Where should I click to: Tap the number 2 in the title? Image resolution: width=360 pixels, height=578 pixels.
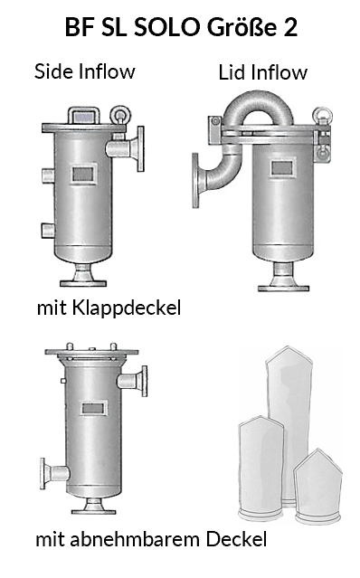pyautogui.click(x=290, y=27)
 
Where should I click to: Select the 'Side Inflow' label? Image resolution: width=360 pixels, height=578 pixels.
pyautogui.click(x=85, y=71)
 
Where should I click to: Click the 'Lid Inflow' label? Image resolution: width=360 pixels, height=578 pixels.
pyautogui.click(x=262, y=72)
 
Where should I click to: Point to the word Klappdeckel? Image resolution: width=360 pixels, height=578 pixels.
pyautogui.click(x=127, y=308)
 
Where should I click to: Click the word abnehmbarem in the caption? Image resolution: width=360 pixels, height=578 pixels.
pyautogui.click(x=136, y=539)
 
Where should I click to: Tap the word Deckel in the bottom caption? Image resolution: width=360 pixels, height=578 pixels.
pyautogui.click(x=236, y=539)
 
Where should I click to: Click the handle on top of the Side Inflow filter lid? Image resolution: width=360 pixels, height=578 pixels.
pyautogui.click(x=83, y=116)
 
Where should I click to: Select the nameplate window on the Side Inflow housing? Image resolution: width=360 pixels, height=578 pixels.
pyautogui.click(x=82, y=174)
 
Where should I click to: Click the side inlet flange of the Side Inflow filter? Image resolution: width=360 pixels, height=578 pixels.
pyautogui.click(x=140, y=149)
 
